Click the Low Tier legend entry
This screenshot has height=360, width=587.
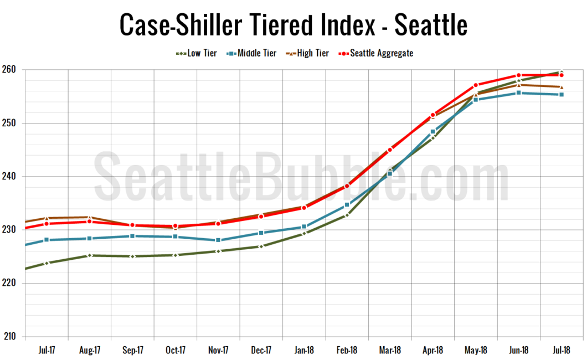tap(197, 53)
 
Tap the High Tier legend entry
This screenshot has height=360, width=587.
tap(307, 53)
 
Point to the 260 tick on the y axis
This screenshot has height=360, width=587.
tap(12, 70)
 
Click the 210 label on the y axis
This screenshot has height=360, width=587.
tap(12, 336)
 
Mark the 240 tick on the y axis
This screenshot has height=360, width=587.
tap(12, 176)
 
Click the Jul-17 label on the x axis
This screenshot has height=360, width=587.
tap(47, 350)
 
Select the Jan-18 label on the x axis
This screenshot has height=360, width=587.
tap(304, 350)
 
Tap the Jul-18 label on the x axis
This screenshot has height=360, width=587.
tap(562, 350)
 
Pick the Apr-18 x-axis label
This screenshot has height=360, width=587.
tap(433, 350)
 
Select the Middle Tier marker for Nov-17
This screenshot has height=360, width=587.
tap(218, 240)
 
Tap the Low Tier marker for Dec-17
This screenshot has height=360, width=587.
tap(261, 246)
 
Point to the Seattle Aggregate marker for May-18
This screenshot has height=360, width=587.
tap(476, 85)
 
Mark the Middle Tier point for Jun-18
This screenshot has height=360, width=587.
tap(518, 92)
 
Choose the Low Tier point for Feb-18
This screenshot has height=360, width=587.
tap(347, 215)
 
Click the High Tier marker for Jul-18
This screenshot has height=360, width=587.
tap(562, 87)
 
